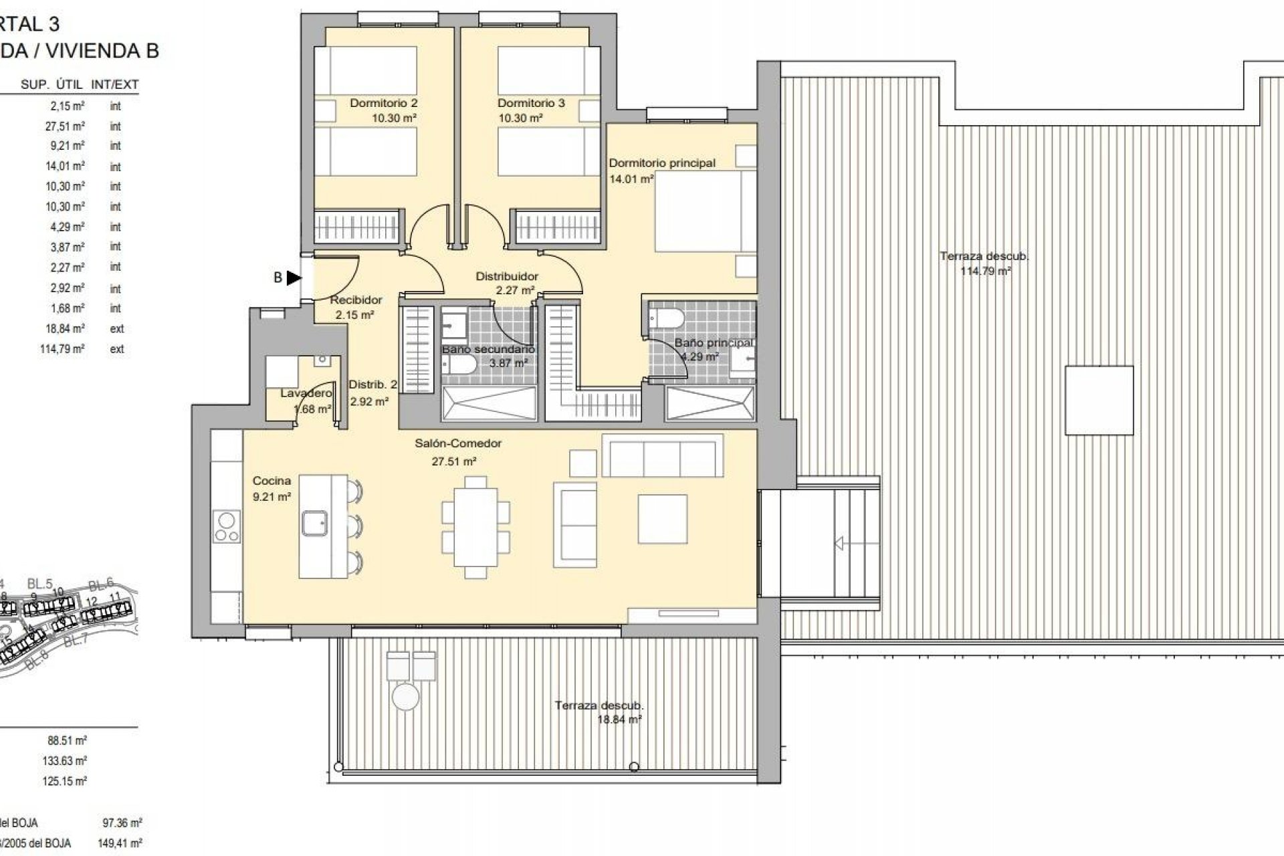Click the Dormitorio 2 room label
[x=383, y=103]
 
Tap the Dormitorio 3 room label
[x=531, y=103]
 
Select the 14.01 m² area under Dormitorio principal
[x=631, y=179]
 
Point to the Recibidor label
[x=356, y=300]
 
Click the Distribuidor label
[x=507, y=276]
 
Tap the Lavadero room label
[x=306, y=393]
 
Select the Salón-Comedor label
[x=457, y=443]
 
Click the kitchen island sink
[x=314, y=523]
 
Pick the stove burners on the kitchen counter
[x=227, y=526]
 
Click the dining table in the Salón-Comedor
[x=475, y=527]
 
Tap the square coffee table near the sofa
[x=662, y=519]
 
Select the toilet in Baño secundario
[x=459, y=364]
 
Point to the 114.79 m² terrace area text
[x=985, y=271]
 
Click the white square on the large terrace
[x=1099, y=401]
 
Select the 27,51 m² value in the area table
[x=65, y=126]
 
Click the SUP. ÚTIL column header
[x=51, y=85]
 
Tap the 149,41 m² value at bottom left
[x=120, y=843]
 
